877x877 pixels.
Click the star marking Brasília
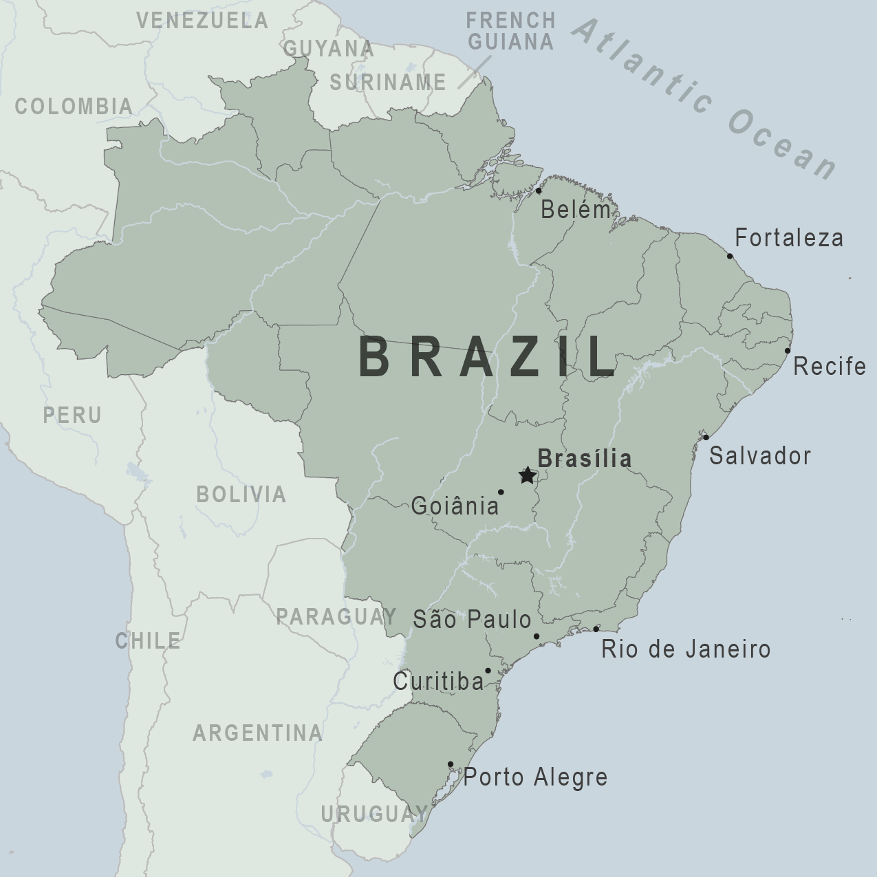coord(527,475)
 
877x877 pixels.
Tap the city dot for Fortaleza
coord(730,257)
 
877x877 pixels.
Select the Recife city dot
coord(788,351)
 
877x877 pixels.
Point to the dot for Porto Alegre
coord(451,764)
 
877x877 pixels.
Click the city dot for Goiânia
coord(501,492)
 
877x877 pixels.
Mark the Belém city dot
coord(539,191)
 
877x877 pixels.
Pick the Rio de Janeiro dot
coord(596,629)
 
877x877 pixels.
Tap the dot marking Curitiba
coord(488,671)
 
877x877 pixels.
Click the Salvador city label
coord(760,455)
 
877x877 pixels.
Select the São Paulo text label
coord(472,619)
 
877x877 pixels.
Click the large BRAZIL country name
coord(487,358)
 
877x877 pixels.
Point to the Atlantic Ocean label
coord(705,100)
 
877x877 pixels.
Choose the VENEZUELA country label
coord(202,21)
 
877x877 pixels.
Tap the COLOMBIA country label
coord(74,106)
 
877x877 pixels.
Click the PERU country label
coord(72,415)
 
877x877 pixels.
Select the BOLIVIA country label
coord(241,494)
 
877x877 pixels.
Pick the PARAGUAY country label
coord(336,616)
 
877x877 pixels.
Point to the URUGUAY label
coord(374,814)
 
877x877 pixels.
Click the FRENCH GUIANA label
coord(510,31)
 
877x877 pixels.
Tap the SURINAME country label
coord(388,83)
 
